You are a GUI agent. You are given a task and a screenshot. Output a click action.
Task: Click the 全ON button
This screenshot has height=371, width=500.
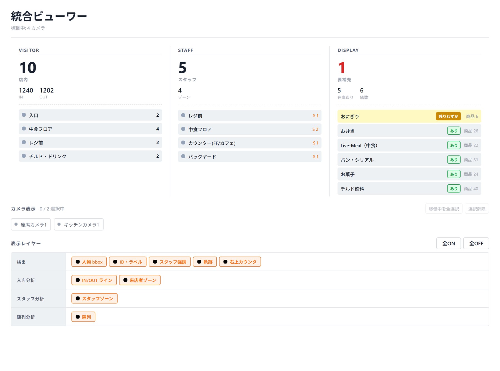click(448, 243)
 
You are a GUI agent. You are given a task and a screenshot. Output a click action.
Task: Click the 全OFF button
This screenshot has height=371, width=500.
click(476, 243)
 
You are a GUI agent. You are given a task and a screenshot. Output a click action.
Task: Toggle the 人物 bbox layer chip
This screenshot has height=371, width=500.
click(89, 262)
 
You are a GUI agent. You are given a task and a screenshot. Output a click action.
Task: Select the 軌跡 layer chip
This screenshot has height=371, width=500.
click(205, 262)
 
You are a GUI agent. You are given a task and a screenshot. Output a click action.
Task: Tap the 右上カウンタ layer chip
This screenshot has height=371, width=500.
click(240, 262)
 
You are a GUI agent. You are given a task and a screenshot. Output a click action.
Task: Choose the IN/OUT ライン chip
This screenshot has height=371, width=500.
click(94, 280)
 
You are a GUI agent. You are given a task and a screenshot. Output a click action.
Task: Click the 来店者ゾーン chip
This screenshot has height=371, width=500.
click(140, 280)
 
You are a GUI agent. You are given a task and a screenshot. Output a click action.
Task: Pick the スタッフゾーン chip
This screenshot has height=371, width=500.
click(94, 298)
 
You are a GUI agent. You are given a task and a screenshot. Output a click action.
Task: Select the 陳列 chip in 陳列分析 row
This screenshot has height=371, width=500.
click(83, 317)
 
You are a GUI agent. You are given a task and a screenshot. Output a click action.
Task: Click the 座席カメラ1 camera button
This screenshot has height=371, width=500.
click(31, 224)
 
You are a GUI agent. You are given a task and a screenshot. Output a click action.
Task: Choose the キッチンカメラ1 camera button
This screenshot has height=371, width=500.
click(79, 224)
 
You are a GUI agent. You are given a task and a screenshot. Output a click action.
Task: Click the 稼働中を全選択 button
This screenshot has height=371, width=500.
click(444, 209)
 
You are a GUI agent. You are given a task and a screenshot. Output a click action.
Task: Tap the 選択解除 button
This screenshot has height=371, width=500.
click(477, 209)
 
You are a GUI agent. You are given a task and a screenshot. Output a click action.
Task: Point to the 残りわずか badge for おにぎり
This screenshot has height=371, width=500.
click(448, 116)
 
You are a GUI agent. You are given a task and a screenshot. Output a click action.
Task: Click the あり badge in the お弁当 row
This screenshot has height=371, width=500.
click(454, 131)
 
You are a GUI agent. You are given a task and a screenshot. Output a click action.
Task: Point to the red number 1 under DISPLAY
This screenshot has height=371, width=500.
click(342, 68)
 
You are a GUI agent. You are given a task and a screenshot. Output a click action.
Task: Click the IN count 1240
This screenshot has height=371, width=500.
click(26, 90)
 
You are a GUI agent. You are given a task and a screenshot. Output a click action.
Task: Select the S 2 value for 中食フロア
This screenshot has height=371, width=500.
click(315, 129)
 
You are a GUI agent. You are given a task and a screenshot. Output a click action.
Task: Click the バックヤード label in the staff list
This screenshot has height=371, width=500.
click(202, 157)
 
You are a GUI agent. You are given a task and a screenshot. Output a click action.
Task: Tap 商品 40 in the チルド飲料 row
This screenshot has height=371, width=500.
click(471, 189)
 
